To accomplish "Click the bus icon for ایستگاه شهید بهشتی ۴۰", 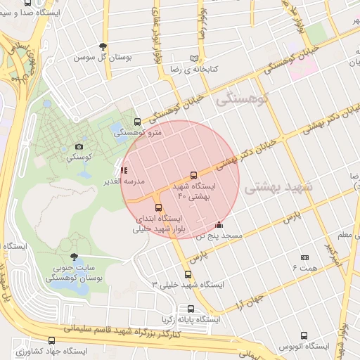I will (193, 175).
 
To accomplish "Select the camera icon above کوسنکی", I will (78, 148).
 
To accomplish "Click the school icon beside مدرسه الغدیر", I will (124, 170).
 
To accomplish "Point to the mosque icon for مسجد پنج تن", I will (219, 225).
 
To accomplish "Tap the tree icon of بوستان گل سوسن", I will (103, 46).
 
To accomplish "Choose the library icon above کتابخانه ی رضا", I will (203, 58).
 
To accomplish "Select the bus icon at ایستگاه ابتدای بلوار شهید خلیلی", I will (158, 207).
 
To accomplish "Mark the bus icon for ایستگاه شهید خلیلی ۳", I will (188, 274).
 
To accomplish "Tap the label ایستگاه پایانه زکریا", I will (191, 319).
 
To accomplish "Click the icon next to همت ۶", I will (304, 258).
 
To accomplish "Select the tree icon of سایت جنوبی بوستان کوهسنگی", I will (75, 257).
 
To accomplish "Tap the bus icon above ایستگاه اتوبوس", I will (304, 335).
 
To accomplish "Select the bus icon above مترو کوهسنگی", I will (137, 121).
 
